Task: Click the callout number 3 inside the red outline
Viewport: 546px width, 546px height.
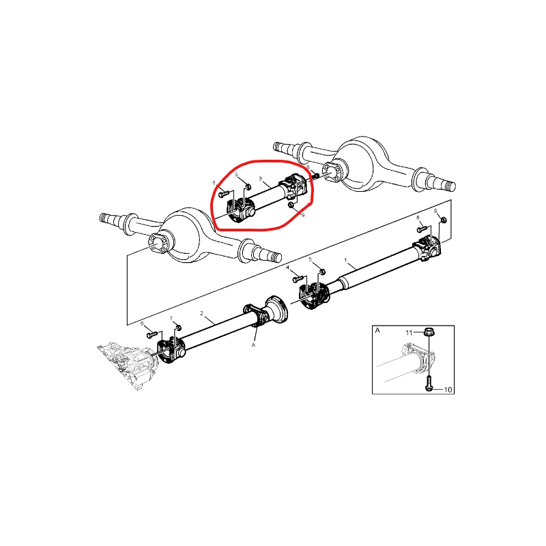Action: [x=261, y=179]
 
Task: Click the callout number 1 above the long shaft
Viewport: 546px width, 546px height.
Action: [x=346, y=261]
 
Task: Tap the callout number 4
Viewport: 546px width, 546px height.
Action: [x=288, y=268]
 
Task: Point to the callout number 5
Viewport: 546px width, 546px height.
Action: [x=311, y=260]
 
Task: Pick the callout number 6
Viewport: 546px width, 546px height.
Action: [x=142, y=323]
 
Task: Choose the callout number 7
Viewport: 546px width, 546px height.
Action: [x=171, y=319]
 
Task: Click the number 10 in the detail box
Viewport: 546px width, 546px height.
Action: [x=448, y=390]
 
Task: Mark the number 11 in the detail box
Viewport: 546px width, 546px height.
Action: [x=410, y=332]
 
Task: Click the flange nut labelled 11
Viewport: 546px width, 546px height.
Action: [x=428, y=332]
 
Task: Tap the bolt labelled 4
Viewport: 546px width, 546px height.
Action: [x=298, y=279]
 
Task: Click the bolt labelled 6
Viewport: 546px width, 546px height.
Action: [x=151, y=335]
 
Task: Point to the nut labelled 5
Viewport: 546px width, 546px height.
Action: [x=321, y=272]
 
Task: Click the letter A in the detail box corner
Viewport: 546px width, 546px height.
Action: [x=377, y=330]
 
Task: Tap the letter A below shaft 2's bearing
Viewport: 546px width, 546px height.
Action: [x=253, y=345]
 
